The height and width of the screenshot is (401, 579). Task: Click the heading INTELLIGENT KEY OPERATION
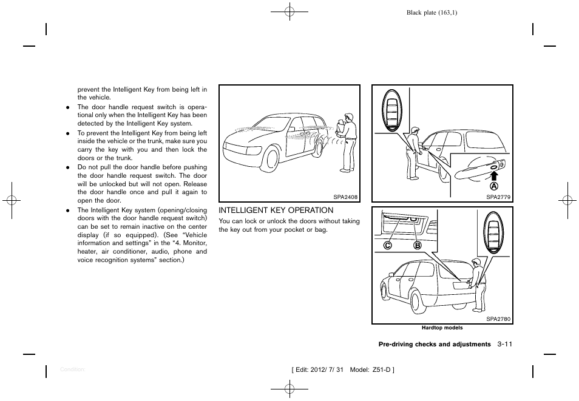point(276,211)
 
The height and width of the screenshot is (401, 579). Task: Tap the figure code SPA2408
point(346,197)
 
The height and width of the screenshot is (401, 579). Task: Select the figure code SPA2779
point(499,197)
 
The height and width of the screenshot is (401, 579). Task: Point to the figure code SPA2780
point(499,318)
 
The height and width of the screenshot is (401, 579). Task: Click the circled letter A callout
point(494,186)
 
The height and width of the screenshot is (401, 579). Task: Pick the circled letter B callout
point(418,246)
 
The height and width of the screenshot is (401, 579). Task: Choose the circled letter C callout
point(387,246)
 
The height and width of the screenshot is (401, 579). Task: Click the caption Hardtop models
point(442,328)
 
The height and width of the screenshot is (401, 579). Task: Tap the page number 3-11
point(504,345)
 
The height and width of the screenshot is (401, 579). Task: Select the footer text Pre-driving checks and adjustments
point(434,345)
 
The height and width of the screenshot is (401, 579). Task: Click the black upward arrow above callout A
point(494,175)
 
